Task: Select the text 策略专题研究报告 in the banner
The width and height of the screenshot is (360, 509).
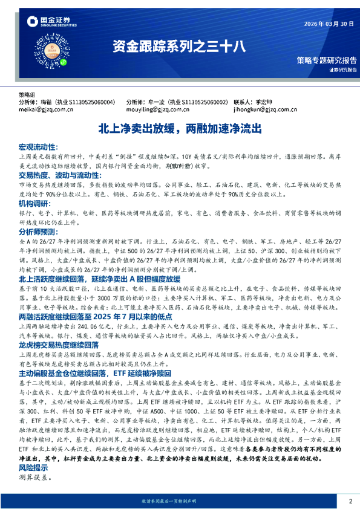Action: coord(327,60)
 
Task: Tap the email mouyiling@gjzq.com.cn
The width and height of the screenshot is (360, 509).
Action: coord(152,110)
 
